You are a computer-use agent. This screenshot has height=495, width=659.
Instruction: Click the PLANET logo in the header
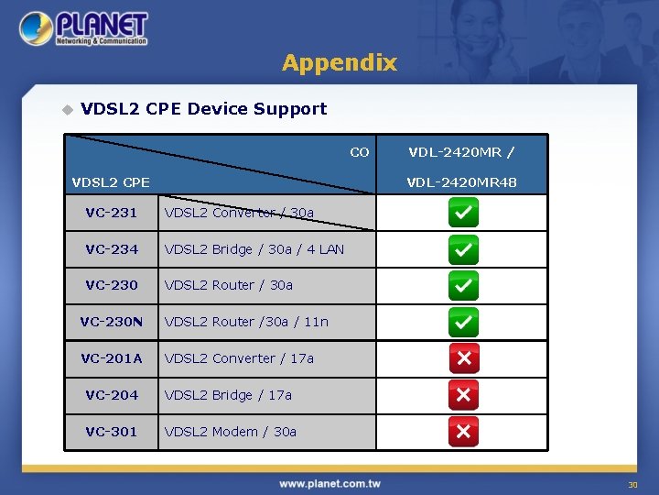(83, 28)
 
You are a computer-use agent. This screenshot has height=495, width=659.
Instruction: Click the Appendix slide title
(339, 62)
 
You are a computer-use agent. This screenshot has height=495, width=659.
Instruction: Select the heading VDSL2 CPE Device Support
(203, 109)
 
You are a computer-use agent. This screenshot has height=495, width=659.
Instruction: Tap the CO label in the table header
(360, 152)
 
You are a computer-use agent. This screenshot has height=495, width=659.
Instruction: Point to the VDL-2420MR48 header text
(462, 182)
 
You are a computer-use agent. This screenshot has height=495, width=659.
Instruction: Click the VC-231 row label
(111, 213)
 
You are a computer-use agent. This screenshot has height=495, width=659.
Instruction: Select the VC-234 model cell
(111, 249)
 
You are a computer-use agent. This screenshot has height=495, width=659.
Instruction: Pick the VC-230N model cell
(111, 322)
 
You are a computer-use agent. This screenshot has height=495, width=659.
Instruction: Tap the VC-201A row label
(111, 358)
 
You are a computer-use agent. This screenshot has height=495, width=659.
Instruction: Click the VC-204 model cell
(111, 395)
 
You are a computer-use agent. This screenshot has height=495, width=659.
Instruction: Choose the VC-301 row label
(111, 432)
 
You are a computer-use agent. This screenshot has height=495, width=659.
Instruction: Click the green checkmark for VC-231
(463, 213)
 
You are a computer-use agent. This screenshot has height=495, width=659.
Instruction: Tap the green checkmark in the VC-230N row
(463, 322)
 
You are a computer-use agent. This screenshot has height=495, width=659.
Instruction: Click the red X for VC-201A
(463, 358)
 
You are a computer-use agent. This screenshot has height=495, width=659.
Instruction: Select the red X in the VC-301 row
(463, 432)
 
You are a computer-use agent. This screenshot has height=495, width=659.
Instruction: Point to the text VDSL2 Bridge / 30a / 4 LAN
(254, 249)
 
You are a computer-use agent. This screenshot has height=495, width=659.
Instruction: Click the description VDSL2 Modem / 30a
(230, 432)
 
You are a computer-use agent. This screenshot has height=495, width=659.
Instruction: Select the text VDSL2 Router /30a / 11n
(245, 322)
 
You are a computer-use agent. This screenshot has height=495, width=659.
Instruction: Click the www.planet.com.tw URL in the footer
(329, 483)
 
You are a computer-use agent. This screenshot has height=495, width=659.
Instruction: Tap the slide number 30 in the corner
(632, 485)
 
